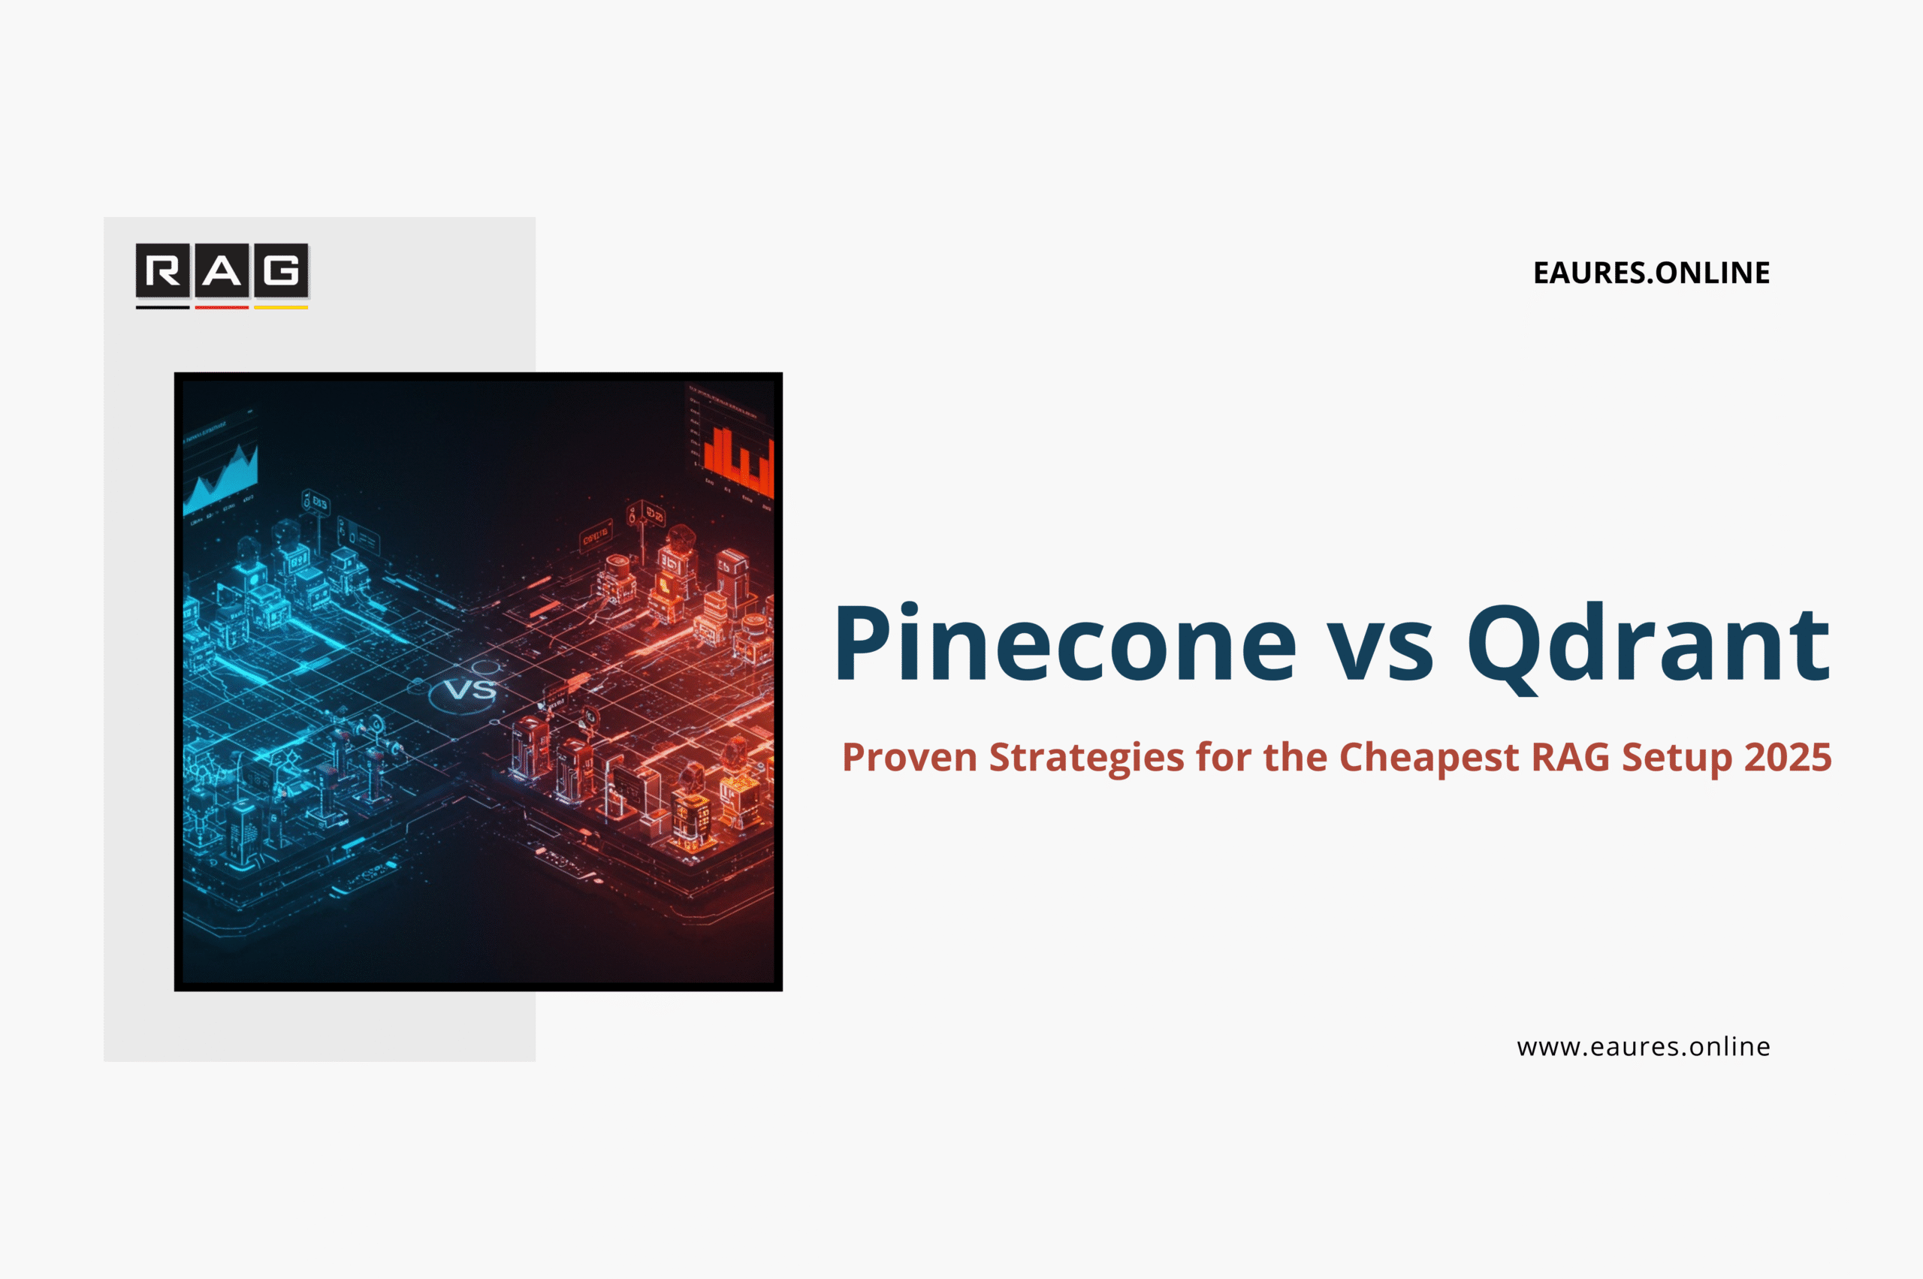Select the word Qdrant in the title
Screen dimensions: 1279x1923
1648,644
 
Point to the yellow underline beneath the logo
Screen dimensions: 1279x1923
281,307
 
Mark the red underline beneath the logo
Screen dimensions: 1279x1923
222,307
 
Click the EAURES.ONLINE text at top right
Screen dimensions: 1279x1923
1651,273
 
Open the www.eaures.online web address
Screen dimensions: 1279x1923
1643,1046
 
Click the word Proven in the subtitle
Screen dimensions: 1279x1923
909,757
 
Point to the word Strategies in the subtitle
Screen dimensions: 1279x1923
1086,757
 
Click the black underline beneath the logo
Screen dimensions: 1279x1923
163,307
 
